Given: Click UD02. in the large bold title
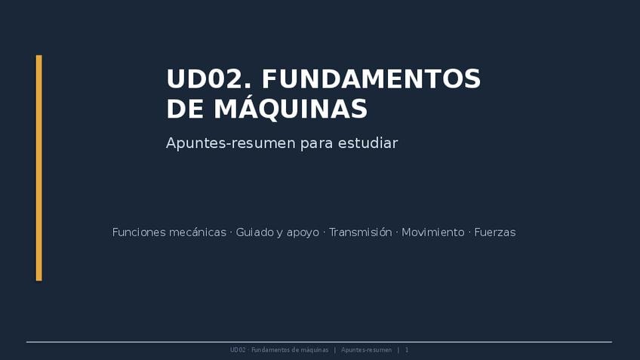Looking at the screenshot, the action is click(208, 78).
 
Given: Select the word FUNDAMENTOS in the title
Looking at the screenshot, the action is click(371, 78).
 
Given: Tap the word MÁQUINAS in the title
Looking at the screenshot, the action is click(291, 108).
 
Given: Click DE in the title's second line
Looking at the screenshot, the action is click(185, 109).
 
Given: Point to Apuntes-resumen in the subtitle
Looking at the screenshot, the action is click(231, 143).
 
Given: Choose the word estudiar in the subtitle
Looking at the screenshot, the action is click(368, 143).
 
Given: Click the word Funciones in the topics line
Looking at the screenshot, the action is click(138, 232).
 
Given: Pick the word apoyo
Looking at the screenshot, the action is click(303, 233).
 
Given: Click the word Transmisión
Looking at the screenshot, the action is click(361, 232).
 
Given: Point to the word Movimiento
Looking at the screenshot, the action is click(433, 232).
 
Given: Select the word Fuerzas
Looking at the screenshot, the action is click(495, 232).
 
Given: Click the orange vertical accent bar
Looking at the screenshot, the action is click(39, 168).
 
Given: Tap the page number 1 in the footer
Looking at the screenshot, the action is click(407, 349).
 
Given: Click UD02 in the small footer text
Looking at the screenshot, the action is click(238, 349).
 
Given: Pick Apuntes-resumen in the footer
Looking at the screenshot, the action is click(367, 350).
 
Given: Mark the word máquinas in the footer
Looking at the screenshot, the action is click(314, 350).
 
